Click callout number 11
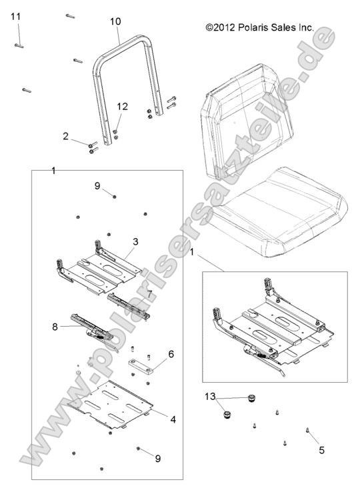16,16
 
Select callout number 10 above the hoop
115,21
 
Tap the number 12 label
122,107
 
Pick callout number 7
150,293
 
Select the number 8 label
54,327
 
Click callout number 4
173,419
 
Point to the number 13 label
210,396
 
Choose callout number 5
321,450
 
